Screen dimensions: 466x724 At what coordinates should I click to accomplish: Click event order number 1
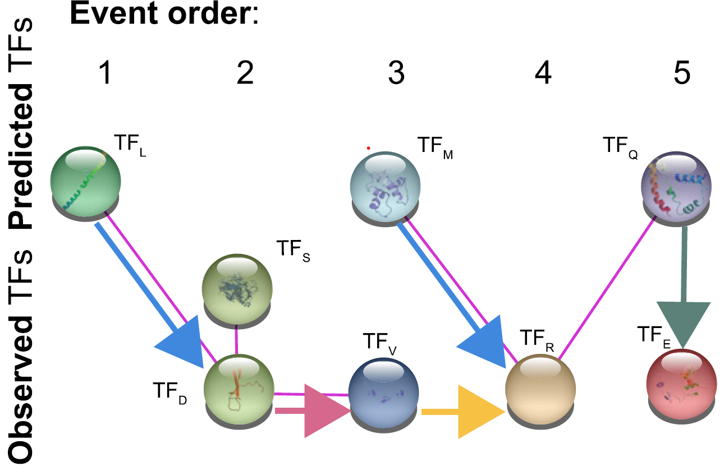click(x=103, y=73)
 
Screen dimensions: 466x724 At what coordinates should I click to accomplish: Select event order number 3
click(x=396, y=73)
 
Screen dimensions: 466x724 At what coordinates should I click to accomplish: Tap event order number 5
click(x=681, y=73)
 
